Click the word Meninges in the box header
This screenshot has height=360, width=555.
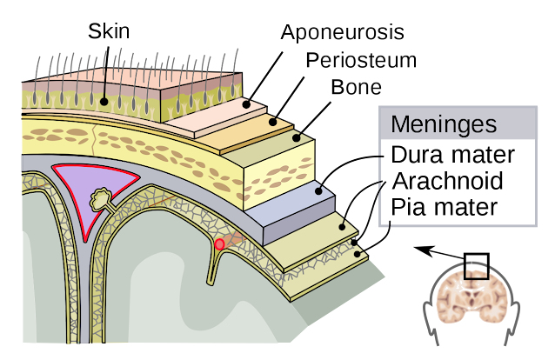tap(443, 124)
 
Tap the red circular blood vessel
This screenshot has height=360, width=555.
tap(219, 244)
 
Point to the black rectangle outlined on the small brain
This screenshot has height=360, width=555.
tap(475, 275)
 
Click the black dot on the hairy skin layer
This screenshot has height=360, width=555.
tap(104, 102)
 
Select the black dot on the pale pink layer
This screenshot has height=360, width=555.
tap(246, 104)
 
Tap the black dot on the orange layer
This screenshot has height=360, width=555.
tap(272, 122)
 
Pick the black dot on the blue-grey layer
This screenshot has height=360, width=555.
tap(319, 190)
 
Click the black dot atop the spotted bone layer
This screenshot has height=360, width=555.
tap(296, 137)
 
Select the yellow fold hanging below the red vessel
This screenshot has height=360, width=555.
tap(211, 270)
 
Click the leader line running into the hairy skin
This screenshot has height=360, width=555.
tap(104, 83)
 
